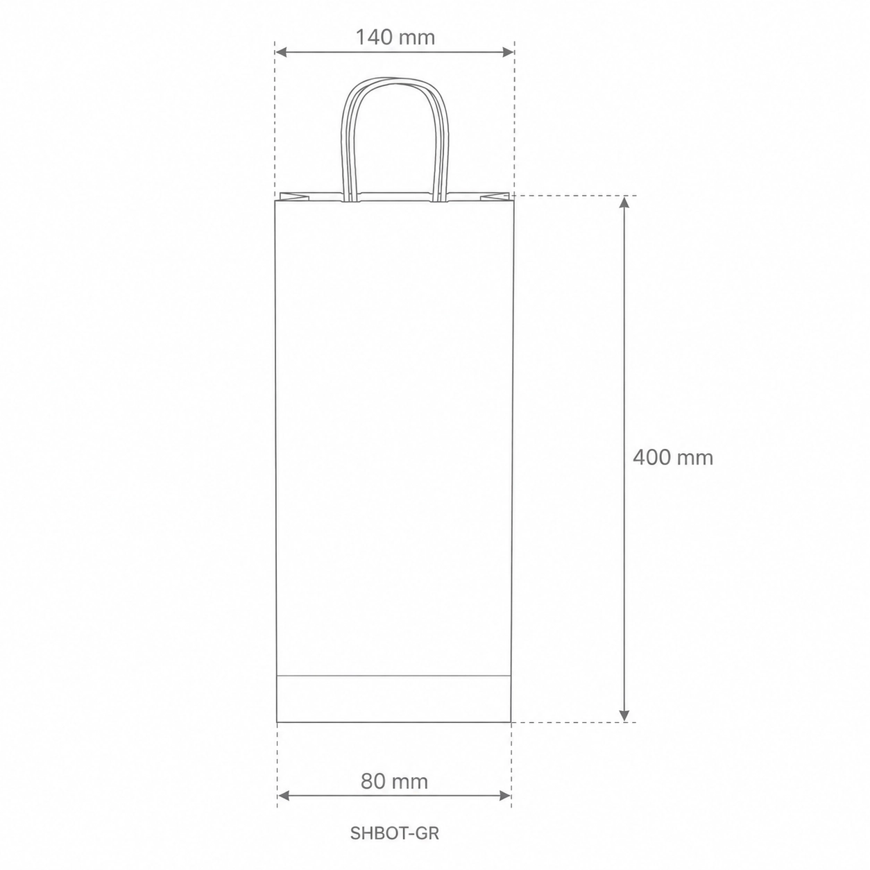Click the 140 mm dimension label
point(395,37)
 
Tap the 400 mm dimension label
point(673,458)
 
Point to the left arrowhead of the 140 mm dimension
point(281,52)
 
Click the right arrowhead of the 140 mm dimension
point(508,52)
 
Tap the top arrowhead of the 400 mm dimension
point(624,203)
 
